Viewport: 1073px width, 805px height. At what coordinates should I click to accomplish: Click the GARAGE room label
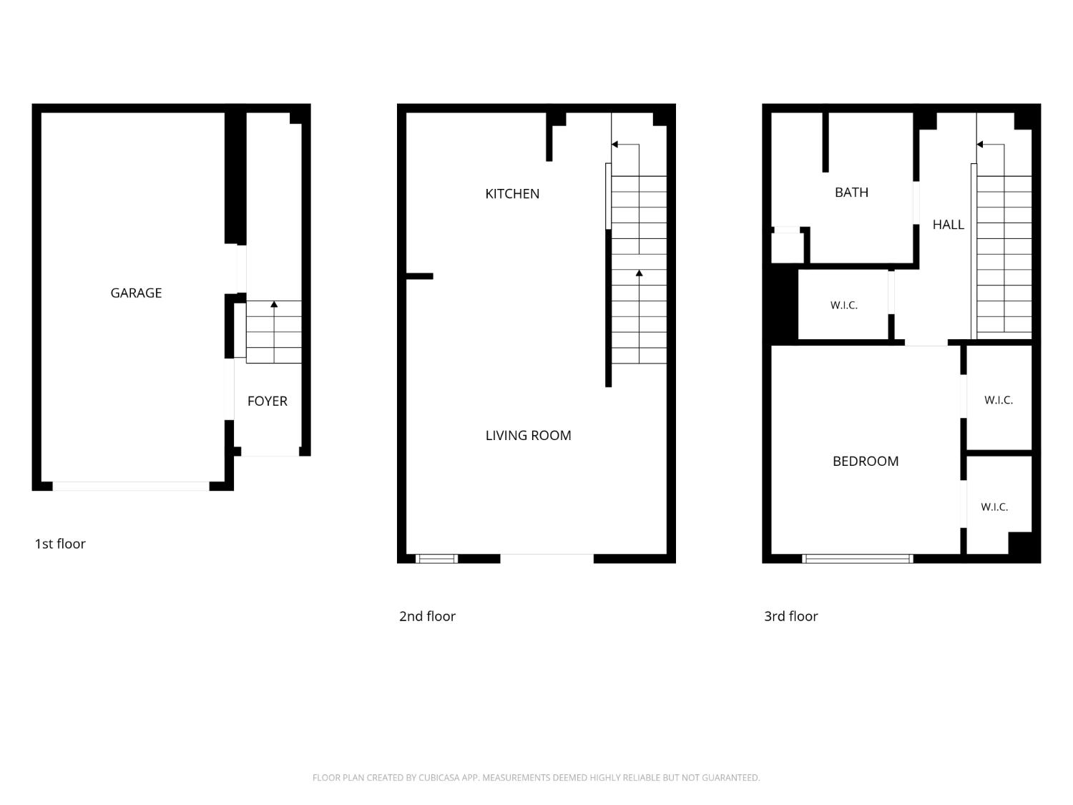click(x=136, y=293)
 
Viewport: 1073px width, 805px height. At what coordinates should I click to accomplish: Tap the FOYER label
click(x=267, y=401)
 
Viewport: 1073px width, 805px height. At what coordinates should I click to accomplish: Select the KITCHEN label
click(x=511, y=193)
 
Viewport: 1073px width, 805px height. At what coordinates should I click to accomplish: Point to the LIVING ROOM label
click(x=528, y=435)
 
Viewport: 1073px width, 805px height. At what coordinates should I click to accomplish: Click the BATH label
click(x=851, y=192)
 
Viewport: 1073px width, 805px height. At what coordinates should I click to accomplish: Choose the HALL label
click(x=948, y=225)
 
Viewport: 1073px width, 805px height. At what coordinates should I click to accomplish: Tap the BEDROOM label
click(x=866, y=461)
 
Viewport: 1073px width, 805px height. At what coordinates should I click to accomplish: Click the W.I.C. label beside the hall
click(x=843, y=305)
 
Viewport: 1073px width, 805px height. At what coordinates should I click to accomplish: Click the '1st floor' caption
click(x=60, y=544)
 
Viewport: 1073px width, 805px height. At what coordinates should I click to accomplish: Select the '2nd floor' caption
click(x=427, y=616)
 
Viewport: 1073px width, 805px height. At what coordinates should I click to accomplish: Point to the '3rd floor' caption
click(x=790, y=616)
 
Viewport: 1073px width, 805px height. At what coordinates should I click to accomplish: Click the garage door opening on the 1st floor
click(x=130, y=486)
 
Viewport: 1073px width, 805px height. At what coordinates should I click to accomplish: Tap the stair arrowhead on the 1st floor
click(x=274, y=305)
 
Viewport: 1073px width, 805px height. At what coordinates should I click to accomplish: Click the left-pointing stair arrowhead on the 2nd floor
click(x=614, y=145)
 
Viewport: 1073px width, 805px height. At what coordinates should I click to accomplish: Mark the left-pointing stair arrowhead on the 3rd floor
click(x=979, y=145)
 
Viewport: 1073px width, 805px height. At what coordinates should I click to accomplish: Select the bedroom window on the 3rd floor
click(x=858, y=559)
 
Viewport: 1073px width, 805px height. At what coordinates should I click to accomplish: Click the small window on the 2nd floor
click(x=436, y=559)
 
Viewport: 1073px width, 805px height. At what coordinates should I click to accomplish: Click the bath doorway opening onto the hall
click(x=916, y=203)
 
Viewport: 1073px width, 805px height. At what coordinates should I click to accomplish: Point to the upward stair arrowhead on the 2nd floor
click(x=639, y=273)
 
